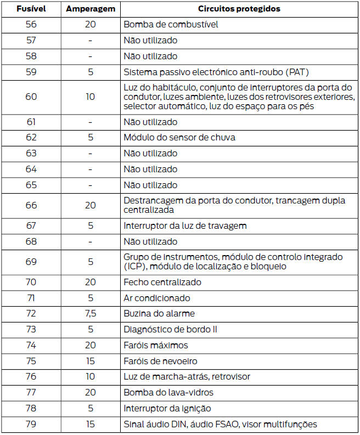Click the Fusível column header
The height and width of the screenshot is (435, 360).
pos(31,9)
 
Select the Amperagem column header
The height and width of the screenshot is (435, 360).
pos(91,9)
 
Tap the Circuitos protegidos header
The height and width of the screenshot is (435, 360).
pos(239,9)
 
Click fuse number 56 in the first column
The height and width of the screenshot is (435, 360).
pos(31,25)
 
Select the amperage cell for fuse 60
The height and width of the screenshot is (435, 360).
pos(91,97)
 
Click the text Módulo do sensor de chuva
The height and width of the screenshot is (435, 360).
pos(179,137)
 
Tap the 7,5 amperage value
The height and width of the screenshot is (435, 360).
pos(91,314)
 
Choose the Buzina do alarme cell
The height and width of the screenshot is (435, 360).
pos(159,314)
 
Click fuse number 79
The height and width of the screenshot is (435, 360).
pos(31,424)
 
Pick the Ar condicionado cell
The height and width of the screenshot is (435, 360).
pos(157,298)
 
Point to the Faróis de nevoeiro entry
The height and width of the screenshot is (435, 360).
pos(160,361)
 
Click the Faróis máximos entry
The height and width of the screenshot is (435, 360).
pos(156,345)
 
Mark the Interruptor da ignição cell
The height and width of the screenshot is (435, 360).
pos(167,409)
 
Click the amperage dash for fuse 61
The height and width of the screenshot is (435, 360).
pos(91,122)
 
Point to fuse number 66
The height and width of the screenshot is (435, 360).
pos(31,205)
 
